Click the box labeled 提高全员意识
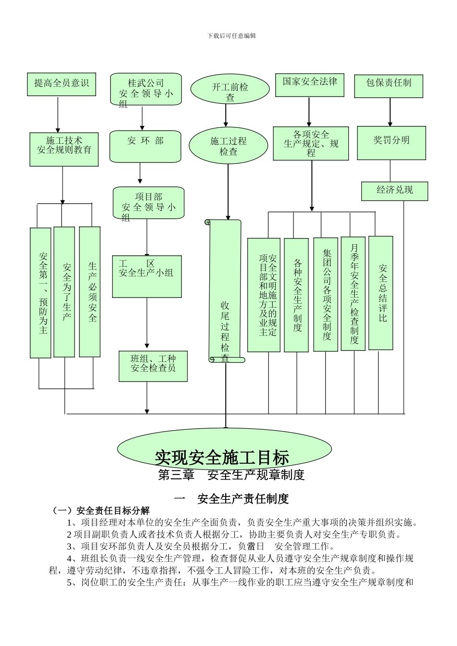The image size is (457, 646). tap(62, 84)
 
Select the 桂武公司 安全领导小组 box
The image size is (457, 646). tap(146, 89)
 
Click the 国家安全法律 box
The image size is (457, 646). tap(310, 84)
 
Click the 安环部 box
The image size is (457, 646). tap(145, 146)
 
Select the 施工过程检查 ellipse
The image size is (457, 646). tap(228, 146)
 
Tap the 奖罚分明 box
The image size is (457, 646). tap(392, 142)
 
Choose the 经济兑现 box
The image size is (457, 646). tap(394, 190)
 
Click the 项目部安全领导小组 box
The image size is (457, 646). tap(149, 203)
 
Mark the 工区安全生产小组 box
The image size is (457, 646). tap(146, 276)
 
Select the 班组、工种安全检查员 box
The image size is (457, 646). tap(153, 366)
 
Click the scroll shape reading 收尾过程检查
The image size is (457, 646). tap(225, 291)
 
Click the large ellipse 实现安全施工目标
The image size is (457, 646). tap(224, 450)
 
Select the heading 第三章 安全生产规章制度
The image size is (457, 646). tap(231, 475)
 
